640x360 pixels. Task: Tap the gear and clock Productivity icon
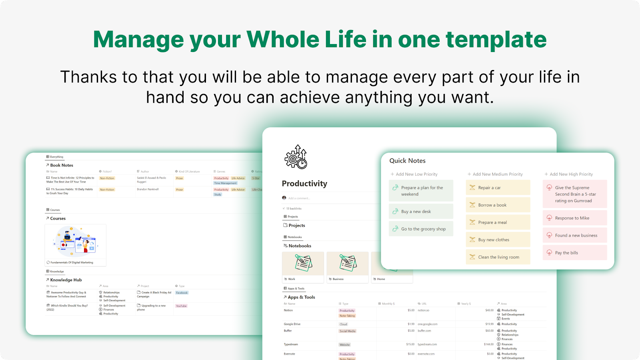click(296, 157)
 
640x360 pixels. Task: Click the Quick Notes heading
click(407, 160)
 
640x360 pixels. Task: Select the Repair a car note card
click(498, 188)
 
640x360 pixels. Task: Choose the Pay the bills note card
click(574, 253)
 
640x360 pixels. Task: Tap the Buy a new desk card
click(420, 212)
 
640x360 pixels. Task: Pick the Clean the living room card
click(498, 257)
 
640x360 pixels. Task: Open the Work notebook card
click(303, 267)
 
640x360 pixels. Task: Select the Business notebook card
click(347, 267)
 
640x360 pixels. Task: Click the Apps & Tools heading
click(301, 297)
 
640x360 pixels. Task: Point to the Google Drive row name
click(292, 324)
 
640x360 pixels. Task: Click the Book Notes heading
click(62, 165)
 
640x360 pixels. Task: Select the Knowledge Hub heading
click(66, 280)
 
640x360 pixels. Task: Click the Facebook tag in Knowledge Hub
click(182, 293)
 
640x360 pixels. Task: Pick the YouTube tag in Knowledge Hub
click(181, 306)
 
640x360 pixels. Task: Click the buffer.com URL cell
click(424, 331)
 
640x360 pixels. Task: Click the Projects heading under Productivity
click(296, 226)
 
